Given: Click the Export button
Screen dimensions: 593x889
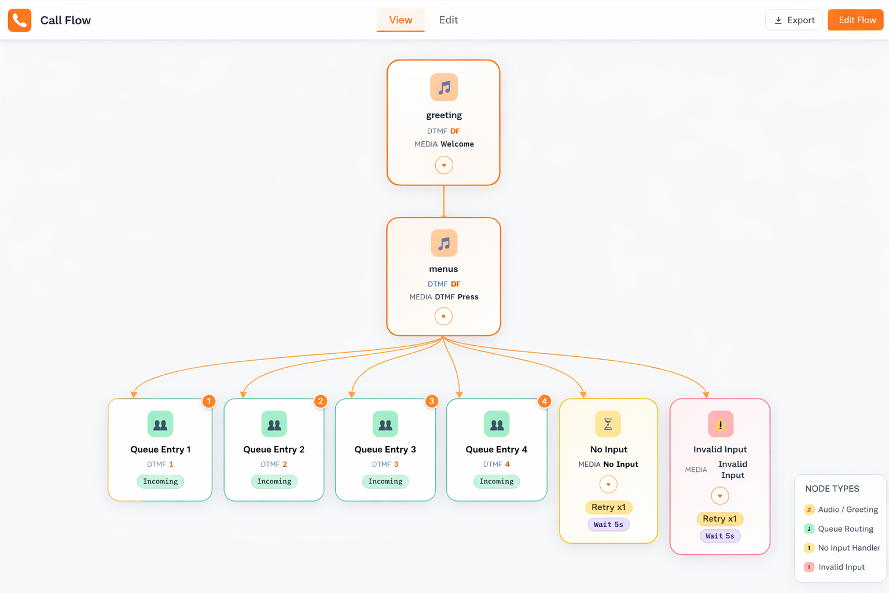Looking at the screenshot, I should tap(794, 20).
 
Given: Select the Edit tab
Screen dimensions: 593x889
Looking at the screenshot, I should tap(448, 20).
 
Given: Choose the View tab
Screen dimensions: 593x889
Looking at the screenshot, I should tap(401, 20).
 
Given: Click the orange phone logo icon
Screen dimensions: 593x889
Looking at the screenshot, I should tap(20, 20).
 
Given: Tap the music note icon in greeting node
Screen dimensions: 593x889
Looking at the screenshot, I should tap(444, 87).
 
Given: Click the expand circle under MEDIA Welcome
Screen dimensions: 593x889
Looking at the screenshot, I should tap(444, 165).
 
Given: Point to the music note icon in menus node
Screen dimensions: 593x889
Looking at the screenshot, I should tap(444, 243).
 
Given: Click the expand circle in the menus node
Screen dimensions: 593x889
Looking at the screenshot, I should tap(443, 316).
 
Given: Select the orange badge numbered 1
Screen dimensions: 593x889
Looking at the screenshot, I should tap(209, 401).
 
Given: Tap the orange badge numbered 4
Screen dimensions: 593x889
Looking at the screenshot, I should tap(544, 401).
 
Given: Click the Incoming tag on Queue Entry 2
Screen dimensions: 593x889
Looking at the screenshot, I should tap(274, 481).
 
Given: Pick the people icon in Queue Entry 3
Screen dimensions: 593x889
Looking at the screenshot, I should tap(385, 424).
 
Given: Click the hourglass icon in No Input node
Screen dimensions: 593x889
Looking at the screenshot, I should tap(608, 424).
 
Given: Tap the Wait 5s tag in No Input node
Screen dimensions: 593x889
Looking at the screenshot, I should tap(608, 525).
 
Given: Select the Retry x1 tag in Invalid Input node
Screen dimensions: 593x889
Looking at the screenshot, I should tap(719, 519).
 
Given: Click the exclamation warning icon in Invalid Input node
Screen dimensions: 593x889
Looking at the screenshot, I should tap(720, 424).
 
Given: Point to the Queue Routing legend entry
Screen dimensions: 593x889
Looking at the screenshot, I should tap(845, 529).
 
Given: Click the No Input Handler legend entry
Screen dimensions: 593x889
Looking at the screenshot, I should tap(848, 548).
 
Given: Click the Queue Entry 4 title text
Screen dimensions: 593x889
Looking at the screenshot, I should tap(496, 449).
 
